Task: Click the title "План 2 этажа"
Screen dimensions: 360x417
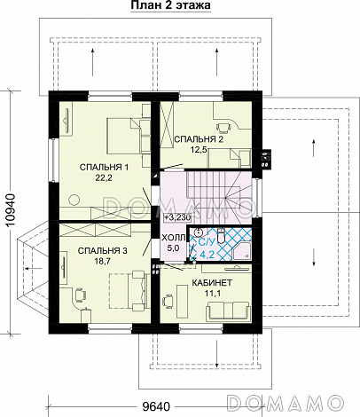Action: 170,5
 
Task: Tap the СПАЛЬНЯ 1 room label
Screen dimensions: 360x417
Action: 104,168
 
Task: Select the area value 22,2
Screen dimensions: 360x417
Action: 104,177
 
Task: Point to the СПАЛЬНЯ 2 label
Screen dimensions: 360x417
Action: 199,139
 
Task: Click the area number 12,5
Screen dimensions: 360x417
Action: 199,149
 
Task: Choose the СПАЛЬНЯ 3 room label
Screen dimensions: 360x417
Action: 103,251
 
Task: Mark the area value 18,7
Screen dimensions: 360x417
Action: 103,261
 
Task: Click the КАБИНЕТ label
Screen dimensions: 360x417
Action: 212,283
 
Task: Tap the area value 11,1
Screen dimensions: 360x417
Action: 213,293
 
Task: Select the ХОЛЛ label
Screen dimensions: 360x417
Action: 174,238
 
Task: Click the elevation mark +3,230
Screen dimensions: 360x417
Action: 178,217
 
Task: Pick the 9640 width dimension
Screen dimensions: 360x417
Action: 156,407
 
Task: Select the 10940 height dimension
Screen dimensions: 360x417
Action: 10,210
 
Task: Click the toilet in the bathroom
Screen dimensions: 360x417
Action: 221,235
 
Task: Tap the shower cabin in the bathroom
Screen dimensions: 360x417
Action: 242,250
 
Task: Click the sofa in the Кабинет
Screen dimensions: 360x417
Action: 228,311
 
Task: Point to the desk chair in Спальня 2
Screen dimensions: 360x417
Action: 224,127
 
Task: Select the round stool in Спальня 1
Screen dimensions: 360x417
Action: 74,200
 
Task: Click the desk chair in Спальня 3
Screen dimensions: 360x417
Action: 79,294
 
